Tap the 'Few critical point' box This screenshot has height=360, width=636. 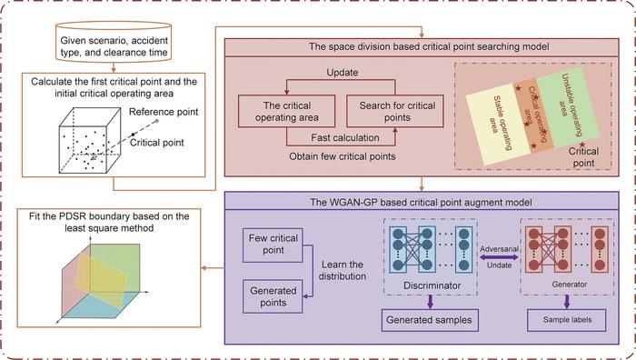272,243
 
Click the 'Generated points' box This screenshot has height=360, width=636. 272,295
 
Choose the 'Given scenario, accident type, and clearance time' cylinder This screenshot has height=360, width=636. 114,45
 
